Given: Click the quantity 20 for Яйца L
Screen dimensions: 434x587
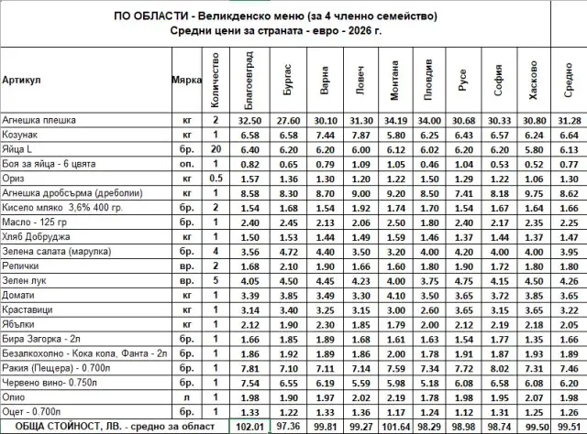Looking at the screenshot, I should click(216, 149).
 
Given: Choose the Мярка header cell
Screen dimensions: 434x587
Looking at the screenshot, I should click(186, 80).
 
